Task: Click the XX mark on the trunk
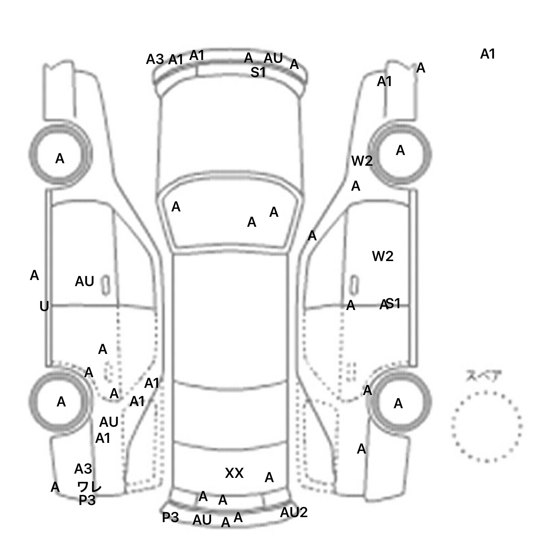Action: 234,473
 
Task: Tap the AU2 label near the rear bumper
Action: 293,512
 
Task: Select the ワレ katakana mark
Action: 89,486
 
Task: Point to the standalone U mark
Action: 44,306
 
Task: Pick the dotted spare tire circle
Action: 486,426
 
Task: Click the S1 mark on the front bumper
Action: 258,72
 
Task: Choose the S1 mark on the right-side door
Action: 393,304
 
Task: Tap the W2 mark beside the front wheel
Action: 362,161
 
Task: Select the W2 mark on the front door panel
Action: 382,256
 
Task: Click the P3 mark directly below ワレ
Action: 87,501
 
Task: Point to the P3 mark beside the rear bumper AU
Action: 170,517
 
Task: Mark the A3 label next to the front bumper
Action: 155,59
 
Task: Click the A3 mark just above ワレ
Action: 83,469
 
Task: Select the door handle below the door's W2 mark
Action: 354,285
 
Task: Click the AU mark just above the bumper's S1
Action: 273,58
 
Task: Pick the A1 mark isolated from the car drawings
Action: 488,54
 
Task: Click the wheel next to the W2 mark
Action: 400,154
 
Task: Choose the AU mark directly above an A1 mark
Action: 109,422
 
